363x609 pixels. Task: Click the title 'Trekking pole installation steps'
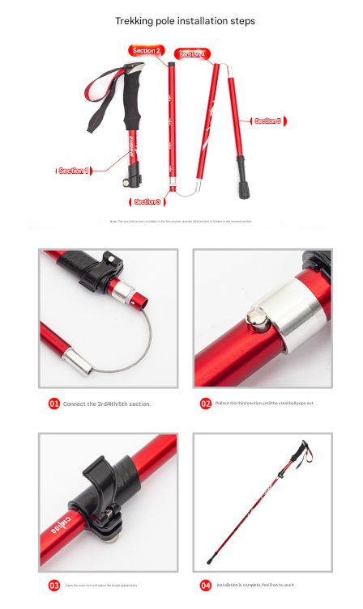tap(185, 20)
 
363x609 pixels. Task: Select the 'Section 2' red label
tap(147, 51)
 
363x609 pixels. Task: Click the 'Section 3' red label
tap(147, 201)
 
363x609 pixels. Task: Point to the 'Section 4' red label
tap(192, 54)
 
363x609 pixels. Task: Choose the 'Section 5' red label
tap(268, 121)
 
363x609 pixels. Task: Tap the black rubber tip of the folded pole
tap(242, 191)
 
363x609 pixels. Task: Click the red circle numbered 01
tap(54, 403)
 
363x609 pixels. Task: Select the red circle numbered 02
tap(206, 403)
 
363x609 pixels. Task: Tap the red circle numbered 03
tap(54, 585)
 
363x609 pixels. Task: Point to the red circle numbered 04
tap(206, 585)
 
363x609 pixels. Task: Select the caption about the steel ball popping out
tap(264, 403)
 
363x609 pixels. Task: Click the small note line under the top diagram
tap(181, 221)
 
